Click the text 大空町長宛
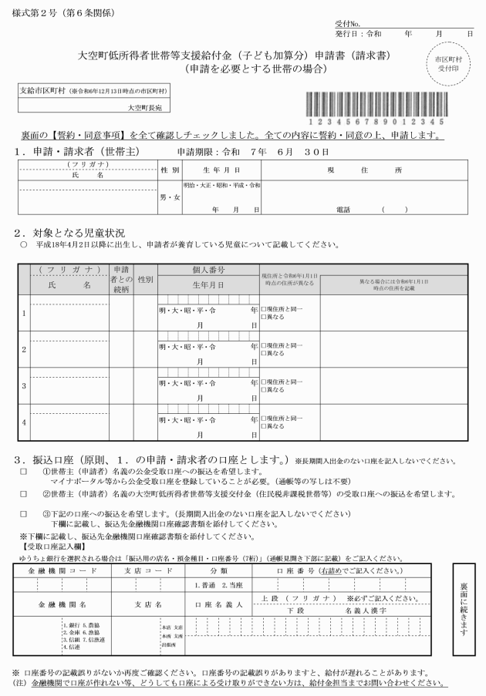[143, 109]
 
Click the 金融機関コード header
[62, 570]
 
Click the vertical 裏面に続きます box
[465, 604]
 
